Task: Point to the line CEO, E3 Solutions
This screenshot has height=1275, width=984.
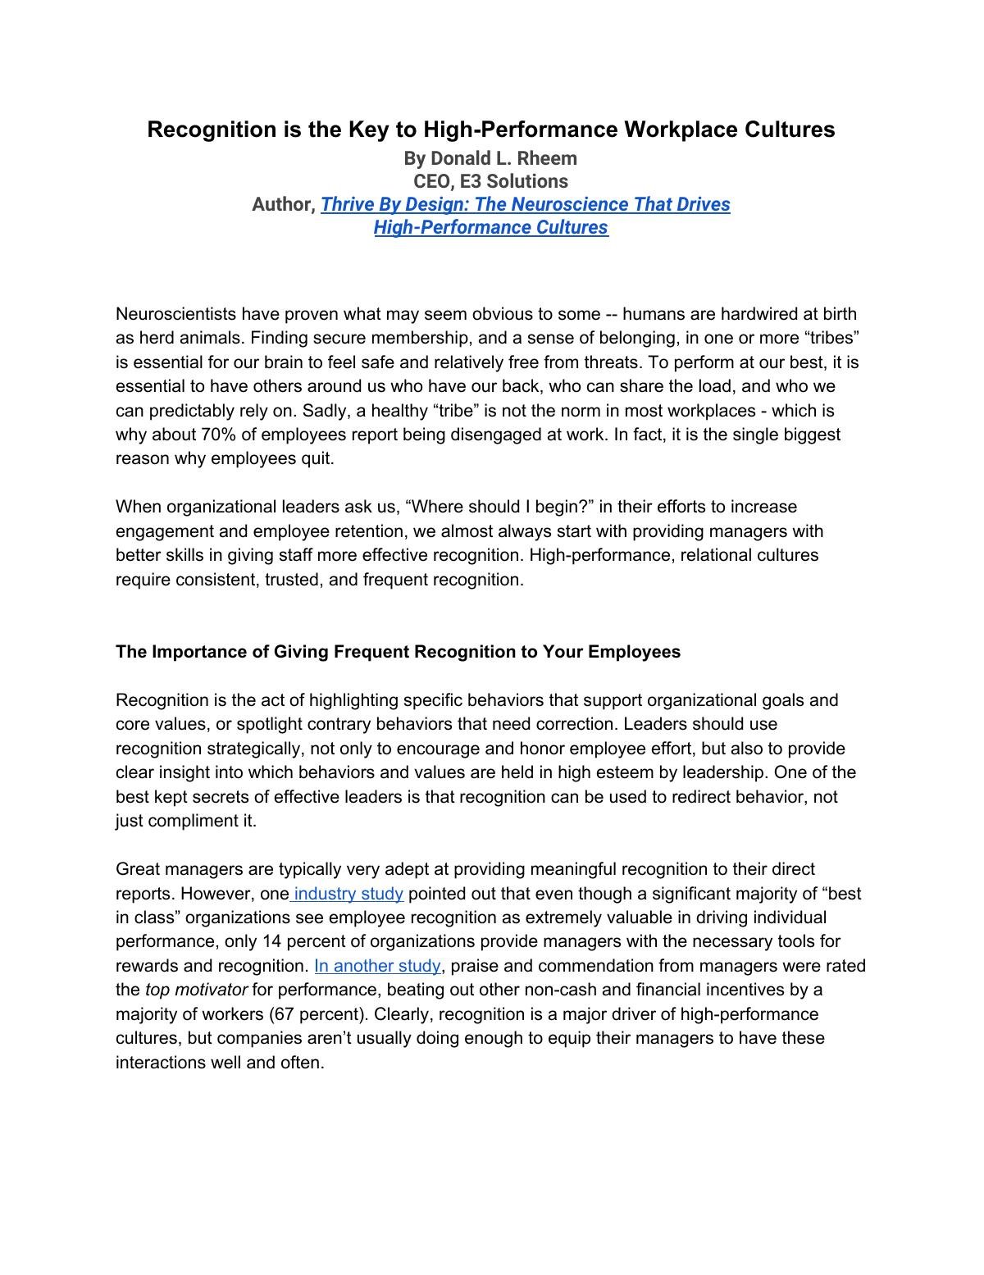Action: tap(490, 181)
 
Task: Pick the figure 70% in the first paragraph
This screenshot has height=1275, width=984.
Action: tap(217, 435)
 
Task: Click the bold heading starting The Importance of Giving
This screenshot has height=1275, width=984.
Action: tap(398, 652)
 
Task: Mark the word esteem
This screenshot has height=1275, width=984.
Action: tap(675, 772)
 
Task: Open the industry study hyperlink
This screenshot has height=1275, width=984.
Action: tap(348, 894)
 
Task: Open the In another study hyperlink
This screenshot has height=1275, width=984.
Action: tap(377, 966)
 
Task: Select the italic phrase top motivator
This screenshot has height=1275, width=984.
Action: tap(196, 990)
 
